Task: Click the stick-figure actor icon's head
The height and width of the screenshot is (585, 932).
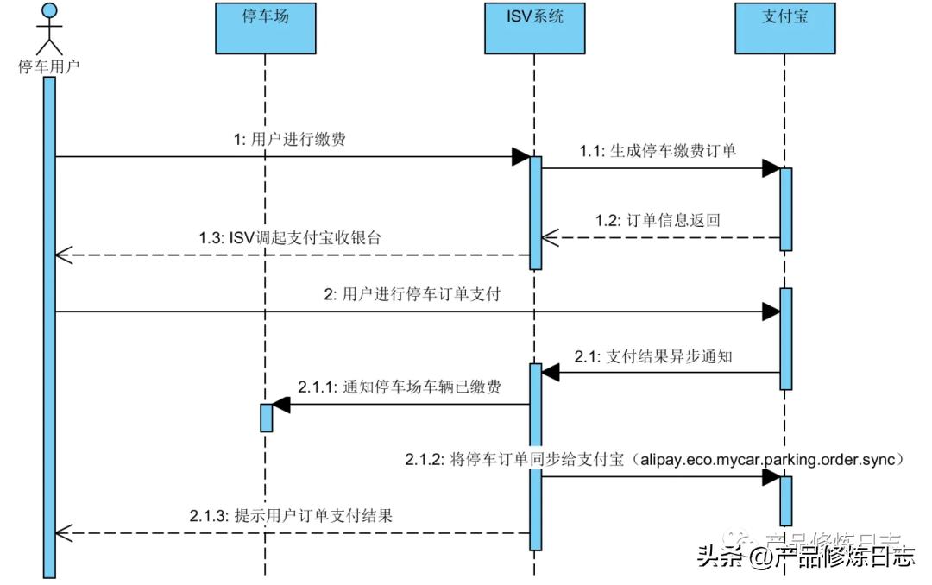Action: [49, 11]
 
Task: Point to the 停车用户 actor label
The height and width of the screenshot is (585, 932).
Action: [49, 66]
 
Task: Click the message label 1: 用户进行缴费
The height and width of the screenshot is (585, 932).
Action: [289, 141]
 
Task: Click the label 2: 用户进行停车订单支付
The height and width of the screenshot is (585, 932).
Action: [412, 295]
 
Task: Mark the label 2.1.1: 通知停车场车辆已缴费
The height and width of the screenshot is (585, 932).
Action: [400, 387]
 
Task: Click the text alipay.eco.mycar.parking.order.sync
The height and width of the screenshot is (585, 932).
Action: [771, 459]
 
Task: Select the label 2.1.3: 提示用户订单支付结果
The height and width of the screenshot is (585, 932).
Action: [291, 516]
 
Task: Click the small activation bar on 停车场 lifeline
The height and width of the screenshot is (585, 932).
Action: [266, 418]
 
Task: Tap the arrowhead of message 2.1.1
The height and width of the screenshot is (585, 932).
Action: [280, 404]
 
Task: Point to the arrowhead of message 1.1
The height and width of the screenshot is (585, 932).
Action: [771, 168]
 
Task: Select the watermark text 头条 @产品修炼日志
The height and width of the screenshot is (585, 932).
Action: [805, 557]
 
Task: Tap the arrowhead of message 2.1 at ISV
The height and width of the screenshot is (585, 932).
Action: [551, 373]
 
